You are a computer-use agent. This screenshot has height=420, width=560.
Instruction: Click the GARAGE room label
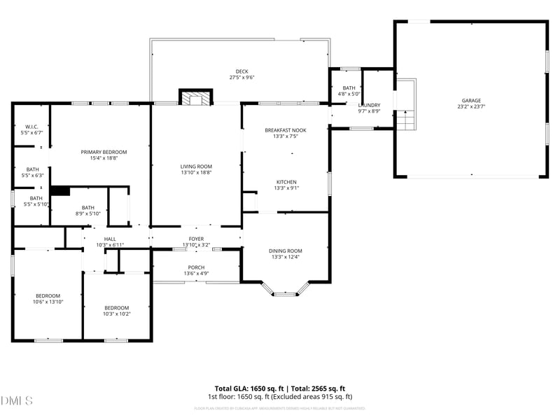(x=470, y=101)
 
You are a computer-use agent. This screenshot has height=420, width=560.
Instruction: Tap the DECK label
(x=241, y=71)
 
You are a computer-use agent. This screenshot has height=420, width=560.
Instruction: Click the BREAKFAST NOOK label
(x=285, y=130)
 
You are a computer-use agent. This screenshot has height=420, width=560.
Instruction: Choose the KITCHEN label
(x=285, y=182)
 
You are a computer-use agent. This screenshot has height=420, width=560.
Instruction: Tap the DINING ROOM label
(x=285, y=251)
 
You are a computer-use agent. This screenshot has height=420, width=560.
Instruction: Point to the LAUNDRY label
(x=369, y=105)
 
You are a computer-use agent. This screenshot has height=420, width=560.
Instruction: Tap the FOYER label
(x=196, y=239)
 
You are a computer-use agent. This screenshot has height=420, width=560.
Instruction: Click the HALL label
(x=110, y=239)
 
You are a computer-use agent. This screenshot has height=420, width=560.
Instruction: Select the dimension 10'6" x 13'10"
(x=48, y=302)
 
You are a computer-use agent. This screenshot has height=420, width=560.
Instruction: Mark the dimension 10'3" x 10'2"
(x=117, y=314)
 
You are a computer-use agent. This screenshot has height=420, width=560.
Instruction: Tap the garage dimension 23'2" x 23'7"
(x=470, y=107)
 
